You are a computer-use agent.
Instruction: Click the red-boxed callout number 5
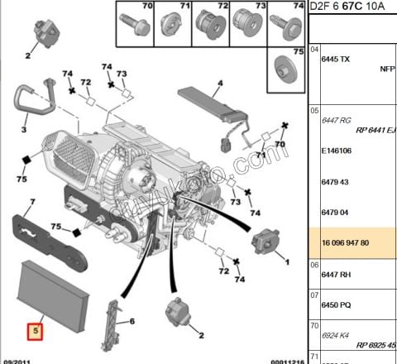(x=35, y=333)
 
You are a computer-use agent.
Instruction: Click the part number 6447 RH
(x=336, y=272)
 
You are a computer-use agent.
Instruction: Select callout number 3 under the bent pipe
(x=24, y=130)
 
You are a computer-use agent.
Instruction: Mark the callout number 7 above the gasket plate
(x=31, y=201)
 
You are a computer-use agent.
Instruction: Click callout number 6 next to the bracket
(x=131, y=321)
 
